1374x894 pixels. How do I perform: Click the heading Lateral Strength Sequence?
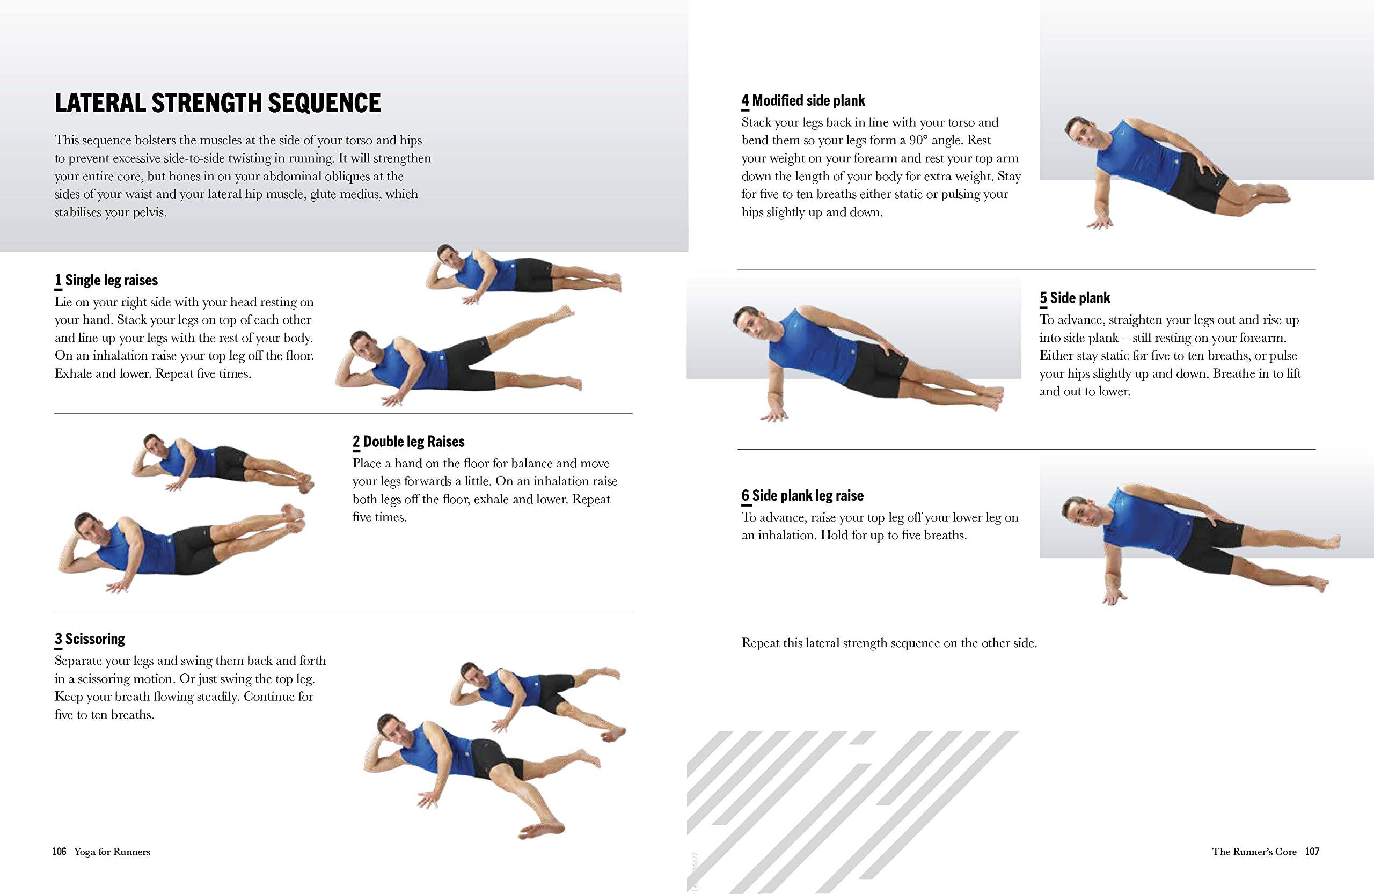pyautogui.click(x=218, y=104)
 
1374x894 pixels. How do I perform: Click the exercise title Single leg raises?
pyautogui.click(x=111, y=281)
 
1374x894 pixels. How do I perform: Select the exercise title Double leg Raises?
pyautogui.click(x=413, y=442)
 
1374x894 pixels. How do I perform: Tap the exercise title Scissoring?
pyautogui.click(x=94, y=640)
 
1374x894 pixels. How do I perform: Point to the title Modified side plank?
pyautogui.click(x=808, y=101)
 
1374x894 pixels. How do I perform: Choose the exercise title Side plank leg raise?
pyautogui.click(x=808, y=496)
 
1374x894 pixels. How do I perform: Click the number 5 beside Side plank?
pyautogui.click(x=1043, y=298)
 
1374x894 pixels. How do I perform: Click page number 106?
pyautogui.click(x=59, y=852)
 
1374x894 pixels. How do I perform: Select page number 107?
pyautogui.click(x=1312, y=852)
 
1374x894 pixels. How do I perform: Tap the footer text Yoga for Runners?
pyautogui.click(x=112, y=852)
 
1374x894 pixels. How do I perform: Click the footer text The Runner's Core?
pyautogui.click(x=1254, y=852)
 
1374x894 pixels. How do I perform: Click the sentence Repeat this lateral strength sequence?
pyautogui.click(x=889, y=643)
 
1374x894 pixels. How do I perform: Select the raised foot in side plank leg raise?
pyautogui.click(x=1328, y=541)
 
